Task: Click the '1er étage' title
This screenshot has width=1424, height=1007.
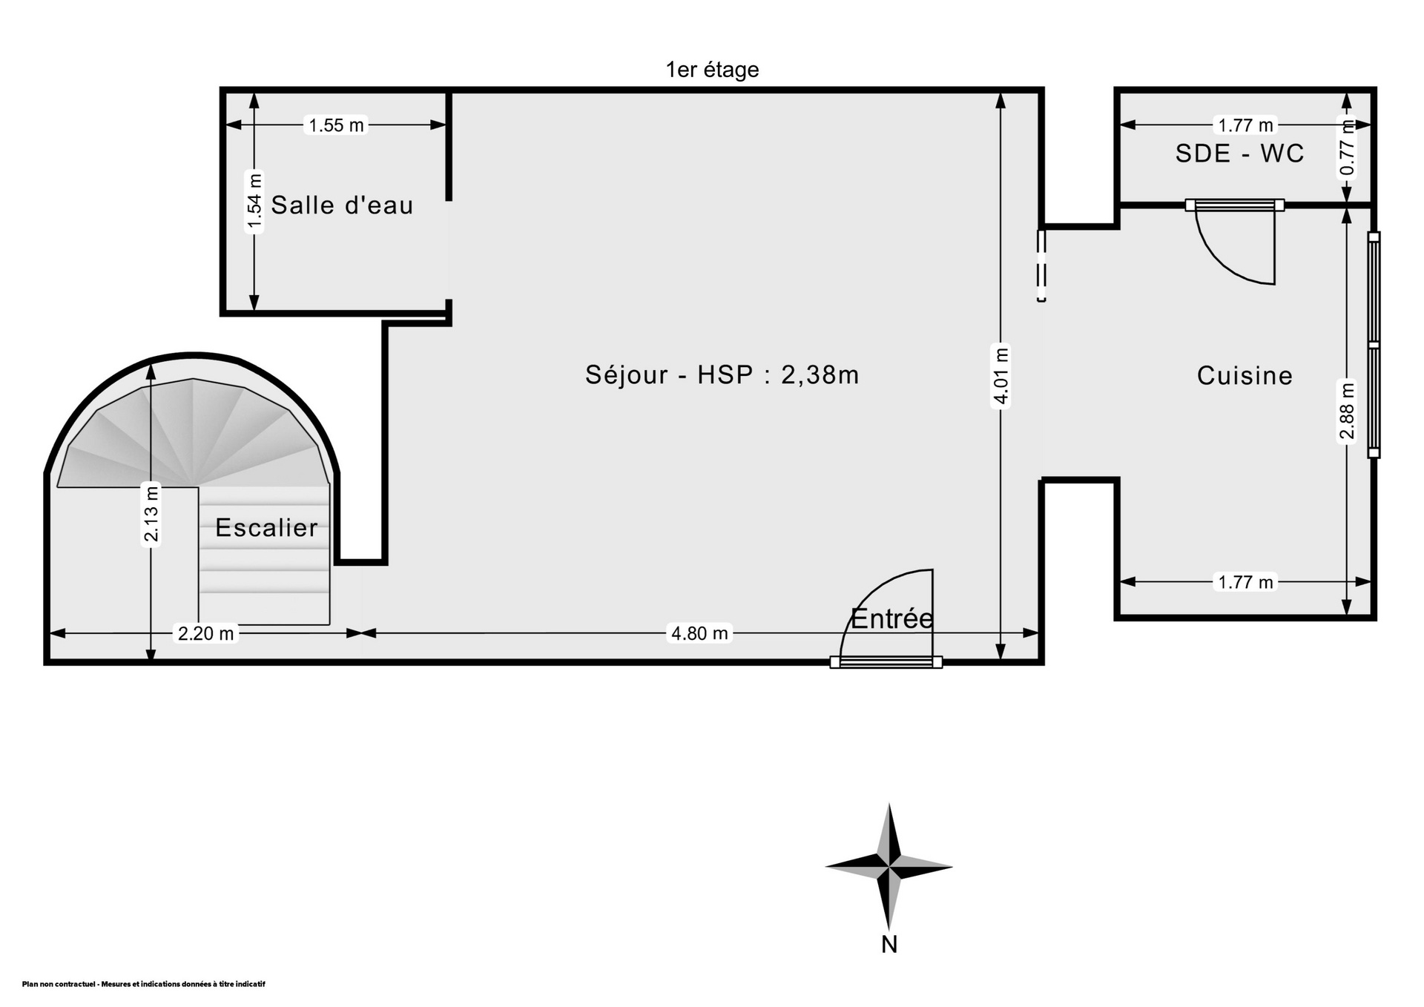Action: (x=712, y=70)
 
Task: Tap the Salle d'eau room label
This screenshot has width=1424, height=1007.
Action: (x=342, y=205)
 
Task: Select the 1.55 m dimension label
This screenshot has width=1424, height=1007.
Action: (x=336, y=125)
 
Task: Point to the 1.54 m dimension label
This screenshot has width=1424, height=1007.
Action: (x=254, y=201)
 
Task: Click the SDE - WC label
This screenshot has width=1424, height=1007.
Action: (x=1239, y=153)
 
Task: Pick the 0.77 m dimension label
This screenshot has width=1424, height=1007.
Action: (x=1348, y=148)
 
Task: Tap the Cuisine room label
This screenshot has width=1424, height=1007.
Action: (x=1245, y=376)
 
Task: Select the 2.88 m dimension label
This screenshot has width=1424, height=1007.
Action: (x=1347, y=411)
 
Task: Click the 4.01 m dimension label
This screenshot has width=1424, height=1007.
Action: (x=1001, y=377)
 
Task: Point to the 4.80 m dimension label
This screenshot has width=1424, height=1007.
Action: (x=699, y=633)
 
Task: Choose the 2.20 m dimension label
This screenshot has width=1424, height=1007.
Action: (x=205, y=633)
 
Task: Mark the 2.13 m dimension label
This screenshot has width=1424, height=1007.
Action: (x=151, y=514)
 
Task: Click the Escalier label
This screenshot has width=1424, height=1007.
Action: (x=266, y=528)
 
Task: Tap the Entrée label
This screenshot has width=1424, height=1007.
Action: (x=891, y=618)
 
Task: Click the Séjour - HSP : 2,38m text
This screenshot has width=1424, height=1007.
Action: (x=722, y=374)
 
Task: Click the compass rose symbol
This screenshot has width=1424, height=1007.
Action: (x=889, y=865)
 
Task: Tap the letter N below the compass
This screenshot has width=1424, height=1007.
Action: (x=889, y=944)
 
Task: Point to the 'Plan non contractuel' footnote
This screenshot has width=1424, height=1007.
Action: (x=143, y=985)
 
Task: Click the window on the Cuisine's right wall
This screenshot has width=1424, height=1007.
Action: (x=1374, y=345)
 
